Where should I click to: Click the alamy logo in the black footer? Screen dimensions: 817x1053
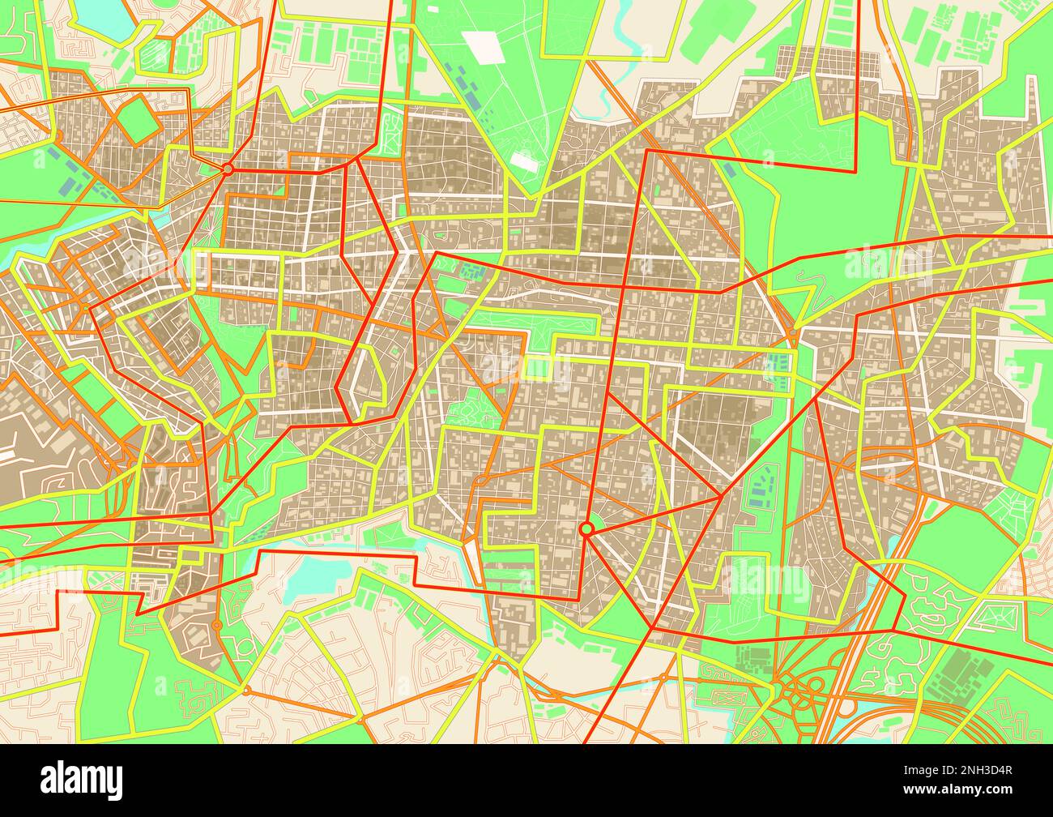[x=82, y=780]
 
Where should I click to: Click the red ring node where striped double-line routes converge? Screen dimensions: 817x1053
[x=228, y=169]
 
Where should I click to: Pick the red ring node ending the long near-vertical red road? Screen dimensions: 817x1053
[x=586, y=528]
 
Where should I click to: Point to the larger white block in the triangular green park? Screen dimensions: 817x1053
[x=487, y=47]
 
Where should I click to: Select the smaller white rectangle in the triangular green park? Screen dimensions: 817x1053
[x=525, y=161]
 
